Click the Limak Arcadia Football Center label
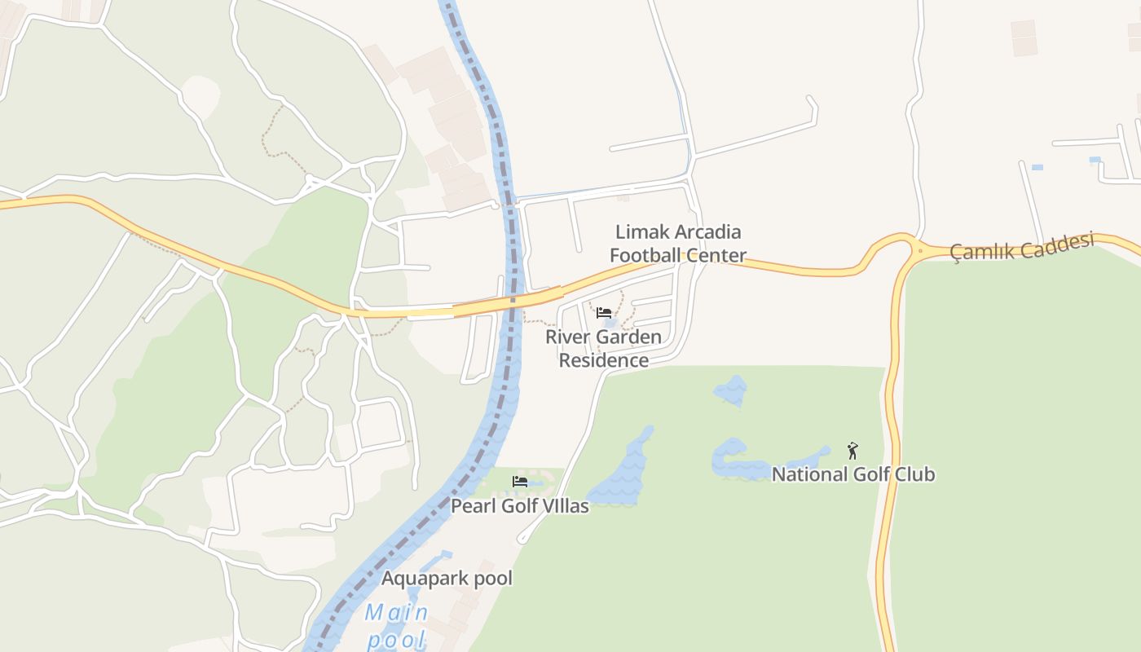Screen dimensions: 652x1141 coord(678,244)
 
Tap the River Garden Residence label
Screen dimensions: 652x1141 coord(603,348)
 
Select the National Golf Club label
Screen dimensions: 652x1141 coord(852,474)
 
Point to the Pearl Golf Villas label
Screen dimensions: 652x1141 coord(519,506)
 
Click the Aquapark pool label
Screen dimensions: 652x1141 coord(447,579)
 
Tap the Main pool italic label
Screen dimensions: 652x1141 coord(396,625)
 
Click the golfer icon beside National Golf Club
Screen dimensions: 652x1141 coord(852,451)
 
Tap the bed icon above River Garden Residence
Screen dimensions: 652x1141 coord(604,313)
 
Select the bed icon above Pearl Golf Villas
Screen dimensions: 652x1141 coord(519,482)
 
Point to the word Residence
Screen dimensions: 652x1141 coord(603,360)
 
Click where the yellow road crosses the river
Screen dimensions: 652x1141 coord(512,301)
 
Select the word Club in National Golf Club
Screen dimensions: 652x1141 coord(915,474)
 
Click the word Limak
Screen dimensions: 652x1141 coord(640,232)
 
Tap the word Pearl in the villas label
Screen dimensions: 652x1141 coord(474,506)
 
